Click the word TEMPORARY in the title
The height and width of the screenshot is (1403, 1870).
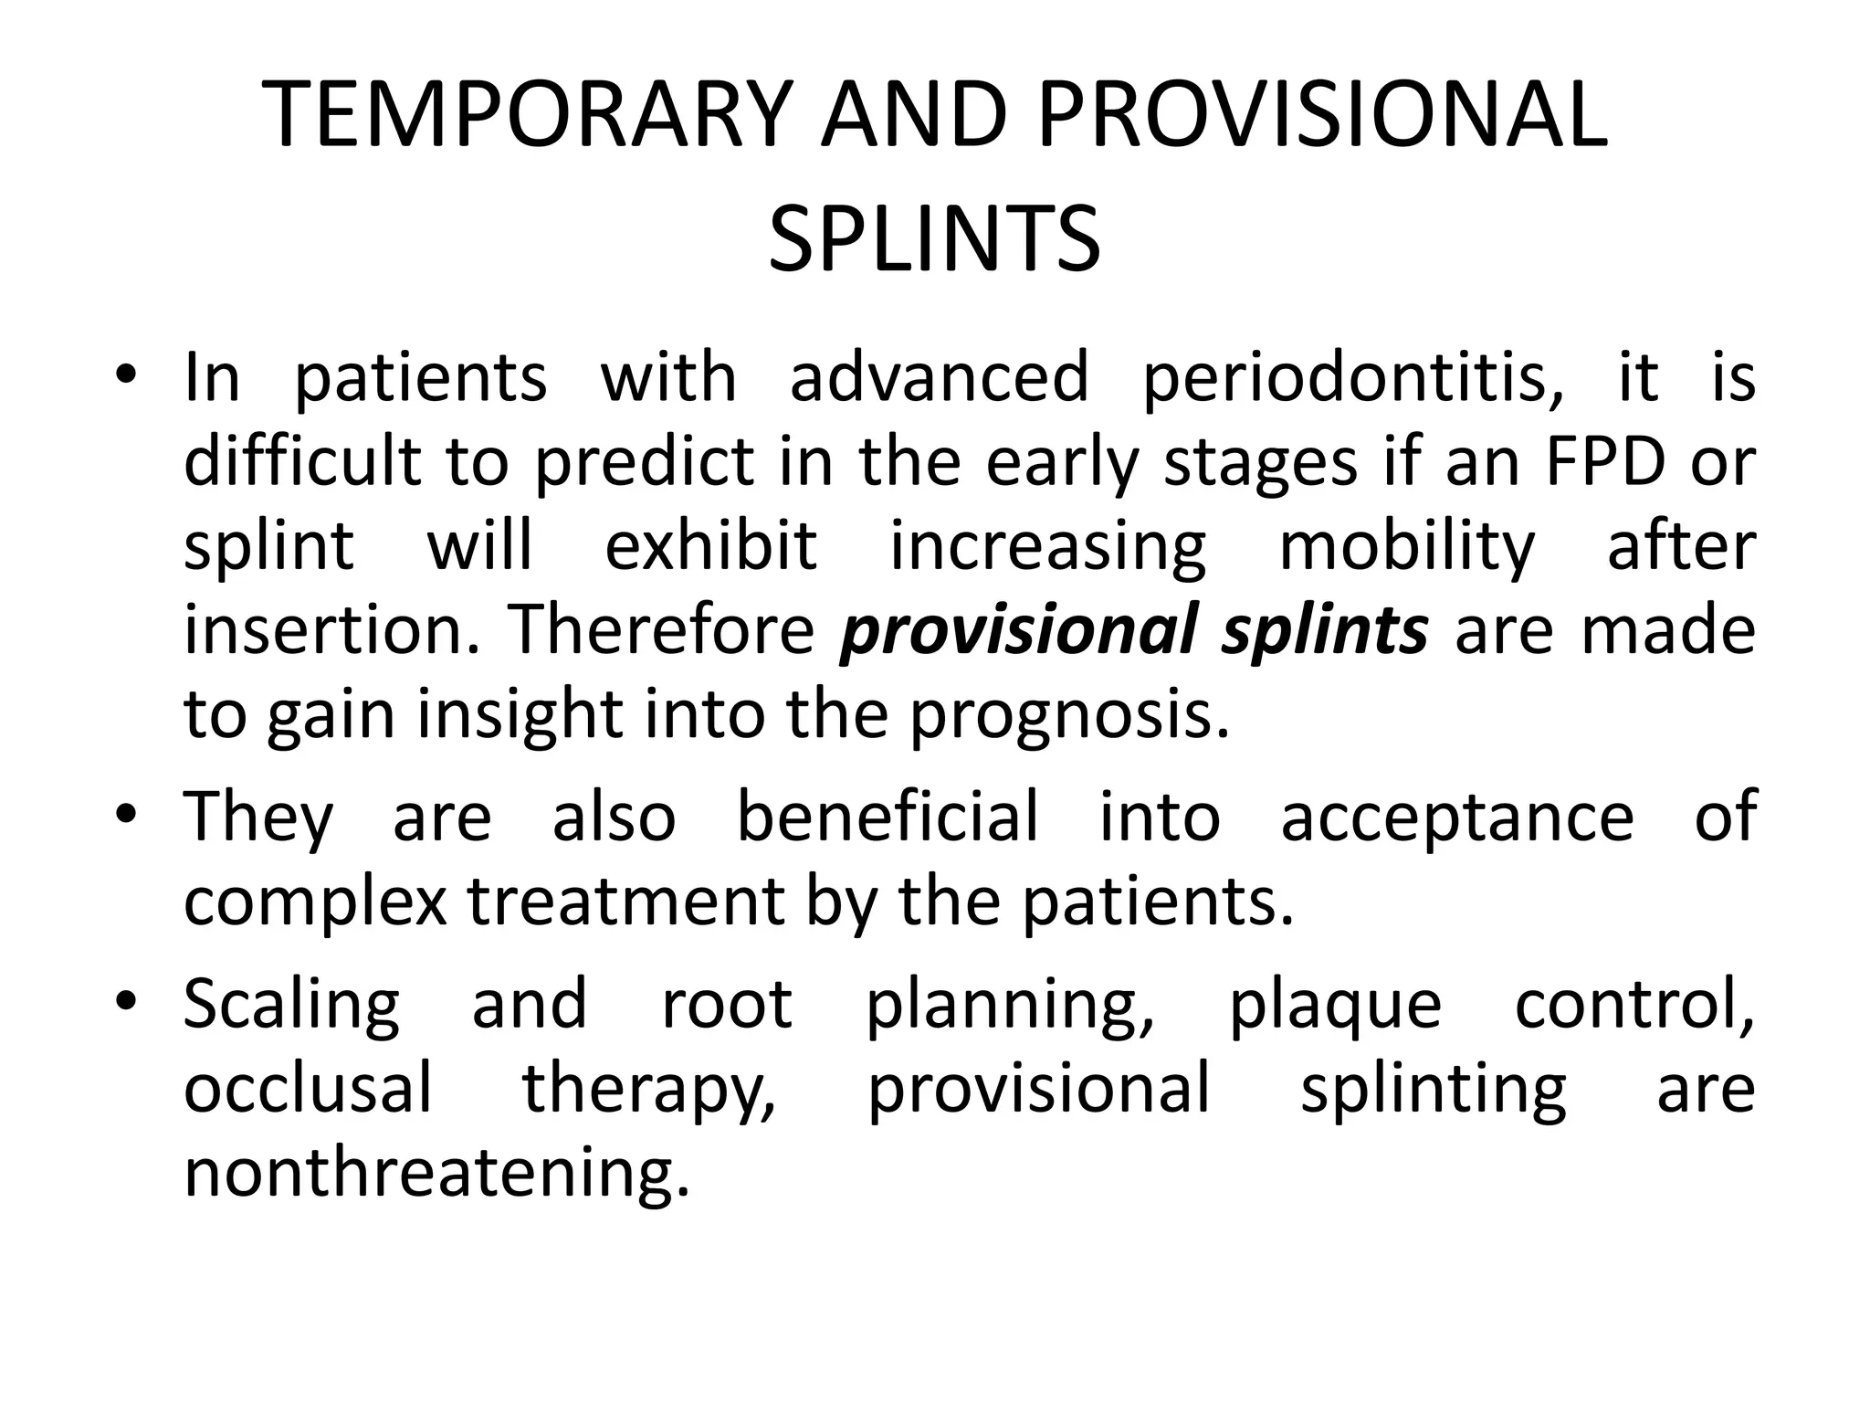524,114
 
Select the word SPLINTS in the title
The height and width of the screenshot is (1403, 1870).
934,239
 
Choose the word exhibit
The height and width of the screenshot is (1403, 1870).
710,545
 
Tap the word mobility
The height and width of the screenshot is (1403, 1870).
1407,547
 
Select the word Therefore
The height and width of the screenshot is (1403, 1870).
661,629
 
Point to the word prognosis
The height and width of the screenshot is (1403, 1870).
1068,715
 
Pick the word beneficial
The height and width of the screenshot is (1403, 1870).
888,816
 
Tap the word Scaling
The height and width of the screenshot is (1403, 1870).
292,1006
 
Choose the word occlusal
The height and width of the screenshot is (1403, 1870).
308,1088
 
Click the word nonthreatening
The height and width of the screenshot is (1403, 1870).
436,1174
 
